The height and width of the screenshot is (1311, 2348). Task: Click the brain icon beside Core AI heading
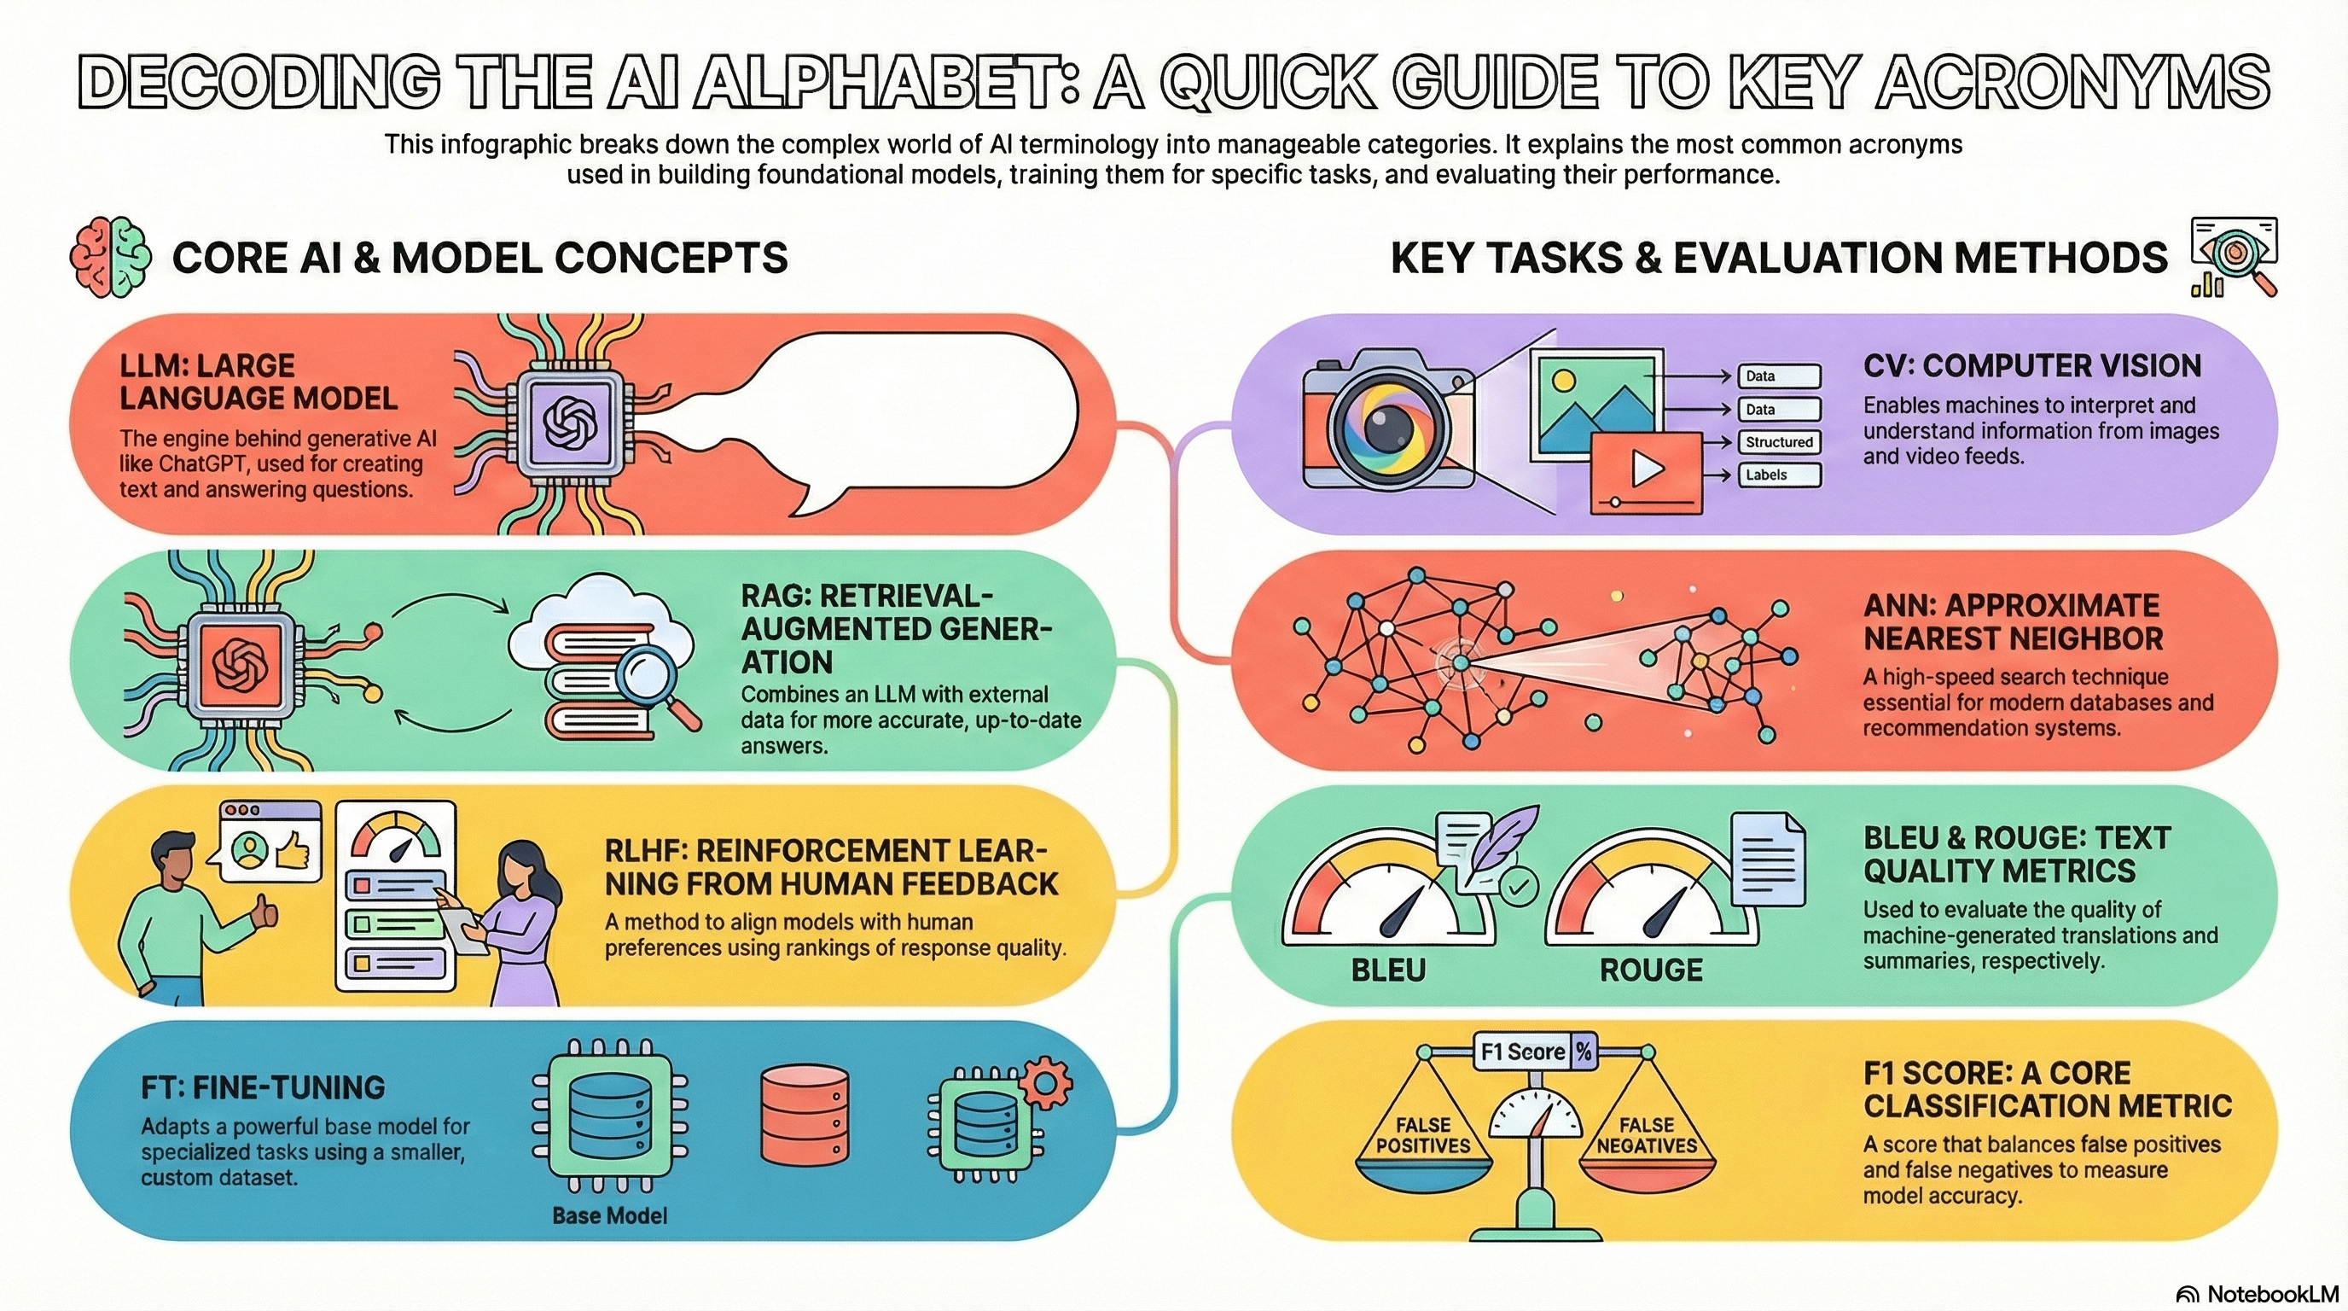pyautogui.click(x=110, y=257)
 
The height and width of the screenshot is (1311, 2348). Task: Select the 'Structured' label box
pyautogui.click(x=1778, y=442)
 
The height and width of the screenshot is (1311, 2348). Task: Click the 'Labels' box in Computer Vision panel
pyautogui.click(x=1778, y=475)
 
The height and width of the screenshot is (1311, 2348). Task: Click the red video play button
pyautogui.click(x=1646, y=470)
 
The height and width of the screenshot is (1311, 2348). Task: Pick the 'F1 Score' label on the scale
pyautogui.click(x=1522, y=1052)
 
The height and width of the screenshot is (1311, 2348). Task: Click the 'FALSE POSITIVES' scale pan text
pyautogui.click(x=1423, y=1136)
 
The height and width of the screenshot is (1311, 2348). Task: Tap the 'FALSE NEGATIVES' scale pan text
pyautogui.click(x=1646, y=1136)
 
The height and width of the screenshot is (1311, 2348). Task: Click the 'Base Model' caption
pyautogui.click(x=610, y=1215)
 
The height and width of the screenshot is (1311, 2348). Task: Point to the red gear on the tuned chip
pyautogui.click(x=1044, y=1083)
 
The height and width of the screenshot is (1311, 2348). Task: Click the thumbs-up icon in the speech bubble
pyautogui.click(x=292, y=853)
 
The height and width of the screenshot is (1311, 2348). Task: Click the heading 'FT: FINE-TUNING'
pyautogui.click(x=263, y=1087)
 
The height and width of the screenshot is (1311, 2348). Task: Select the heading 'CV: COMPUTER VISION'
pyautogui.click(x=2031, y=366)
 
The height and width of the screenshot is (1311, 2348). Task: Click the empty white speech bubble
pyautogui.click(x=911, y=411)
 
